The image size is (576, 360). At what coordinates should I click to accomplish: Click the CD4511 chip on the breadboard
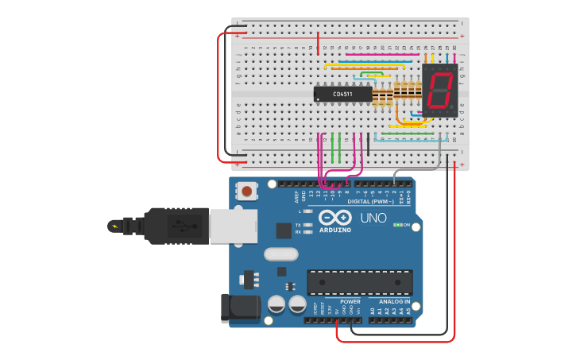click(x=343, y=94)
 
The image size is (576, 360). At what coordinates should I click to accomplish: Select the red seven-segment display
click(x=439, y=90)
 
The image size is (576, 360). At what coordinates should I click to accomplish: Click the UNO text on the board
click(x=373, y=218)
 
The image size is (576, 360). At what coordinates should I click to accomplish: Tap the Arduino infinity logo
click(x=334, y=218)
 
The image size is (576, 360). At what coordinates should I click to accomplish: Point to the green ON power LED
click(x=397, y=225)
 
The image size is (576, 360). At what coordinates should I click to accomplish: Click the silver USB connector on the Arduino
click(x=232, y=225)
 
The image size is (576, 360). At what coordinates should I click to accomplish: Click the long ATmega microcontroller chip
click(x=360, y=281)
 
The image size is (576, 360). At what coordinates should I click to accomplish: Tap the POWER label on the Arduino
click(x=350, y=302)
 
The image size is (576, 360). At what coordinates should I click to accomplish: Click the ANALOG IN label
click(x=395, y=302)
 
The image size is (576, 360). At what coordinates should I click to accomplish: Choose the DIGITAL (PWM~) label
click(x=371, y=202)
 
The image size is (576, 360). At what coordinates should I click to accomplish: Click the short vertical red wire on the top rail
click(x=318, y=43)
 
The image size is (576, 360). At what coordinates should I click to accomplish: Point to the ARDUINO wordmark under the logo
click(x=334, y=230)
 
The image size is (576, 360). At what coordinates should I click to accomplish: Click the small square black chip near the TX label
click(x=284, y=230)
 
